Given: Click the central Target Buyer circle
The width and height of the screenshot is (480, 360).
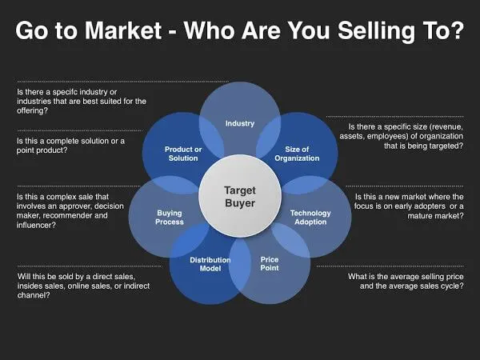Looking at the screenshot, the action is [x=240, y=196].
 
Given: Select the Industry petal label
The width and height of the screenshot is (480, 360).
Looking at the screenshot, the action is [x=240, y=123].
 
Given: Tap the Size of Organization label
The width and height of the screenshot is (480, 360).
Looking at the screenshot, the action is [x=297, y=154].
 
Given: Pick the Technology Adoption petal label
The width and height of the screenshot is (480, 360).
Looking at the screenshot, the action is [x=310, y=218].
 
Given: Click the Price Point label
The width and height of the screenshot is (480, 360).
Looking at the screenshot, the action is [x=270, y=263].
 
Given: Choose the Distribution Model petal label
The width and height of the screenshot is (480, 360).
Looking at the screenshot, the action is [x=210, y=264].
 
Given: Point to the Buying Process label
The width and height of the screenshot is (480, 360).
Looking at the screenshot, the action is [x=170, y=218].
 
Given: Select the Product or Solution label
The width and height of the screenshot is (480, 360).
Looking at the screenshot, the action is [x=183, y=154].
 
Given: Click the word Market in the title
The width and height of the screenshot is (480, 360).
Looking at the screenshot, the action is [x=123, y=30].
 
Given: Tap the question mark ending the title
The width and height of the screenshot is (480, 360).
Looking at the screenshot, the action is [x=458, y=30].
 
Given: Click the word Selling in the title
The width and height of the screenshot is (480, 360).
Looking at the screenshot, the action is [x=376, y=31].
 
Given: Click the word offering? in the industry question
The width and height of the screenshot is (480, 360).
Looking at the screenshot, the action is [x=33, y=110].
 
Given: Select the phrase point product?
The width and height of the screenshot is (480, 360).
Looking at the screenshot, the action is [x=42, y=150].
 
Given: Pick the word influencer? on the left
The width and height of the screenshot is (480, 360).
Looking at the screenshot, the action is [x=37, y=225].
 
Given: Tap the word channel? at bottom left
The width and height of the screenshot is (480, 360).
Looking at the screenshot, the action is [x=34, y=295].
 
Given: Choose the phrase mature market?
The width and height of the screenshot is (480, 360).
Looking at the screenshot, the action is [x=436, y=216].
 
